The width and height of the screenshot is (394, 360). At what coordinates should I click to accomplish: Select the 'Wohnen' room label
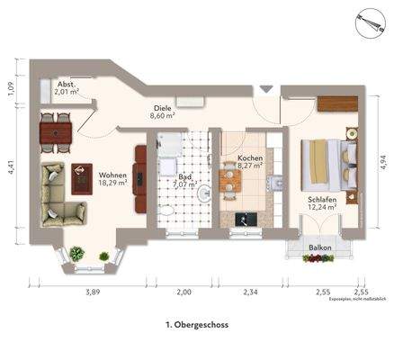112,177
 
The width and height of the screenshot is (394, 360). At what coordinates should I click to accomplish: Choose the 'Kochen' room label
249,162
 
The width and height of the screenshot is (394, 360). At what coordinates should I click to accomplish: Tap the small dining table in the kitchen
230,183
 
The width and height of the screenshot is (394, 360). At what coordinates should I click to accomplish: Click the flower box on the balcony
318,258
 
